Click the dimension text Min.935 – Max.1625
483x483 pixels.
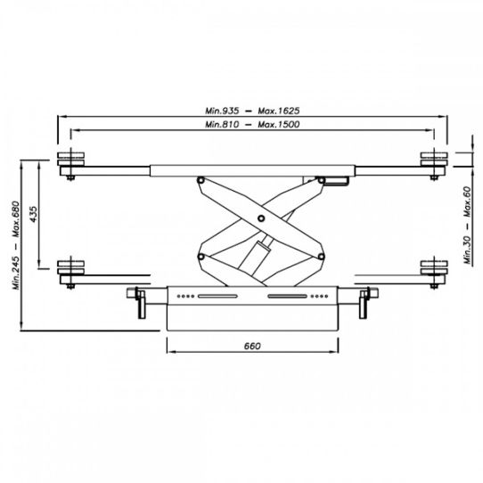tap(252, 111)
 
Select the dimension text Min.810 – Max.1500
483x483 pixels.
tap(252, 124)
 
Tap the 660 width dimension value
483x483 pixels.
tap(252, 346)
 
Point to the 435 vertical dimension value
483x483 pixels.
tap(34, 214)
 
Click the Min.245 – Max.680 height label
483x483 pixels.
tap(16, 245)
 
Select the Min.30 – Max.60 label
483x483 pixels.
tap(468, 225)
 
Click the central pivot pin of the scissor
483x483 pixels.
tap(261, 218)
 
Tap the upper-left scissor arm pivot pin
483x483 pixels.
tap(201, 180)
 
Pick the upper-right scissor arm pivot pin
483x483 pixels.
tap(322, 180)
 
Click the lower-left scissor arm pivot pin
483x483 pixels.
tap(201, 257)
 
